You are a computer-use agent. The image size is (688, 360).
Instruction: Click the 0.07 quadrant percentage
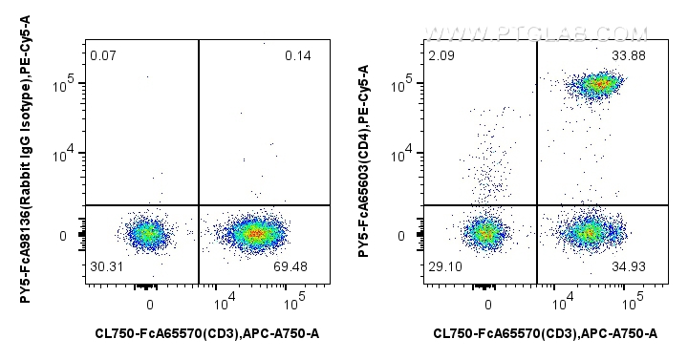[x=102, y=54]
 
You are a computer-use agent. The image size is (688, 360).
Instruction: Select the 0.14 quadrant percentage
[x=298, y=54]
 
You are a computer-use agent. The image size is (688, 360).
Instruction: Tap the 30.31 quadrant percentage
[x=105, y=266]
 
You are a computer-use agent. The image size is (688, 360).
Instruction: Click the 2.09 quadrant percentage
[x=442, y=54]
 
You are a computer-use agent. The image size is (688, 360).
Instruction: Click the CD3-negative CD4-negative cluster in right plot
[x=485, y=232]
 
